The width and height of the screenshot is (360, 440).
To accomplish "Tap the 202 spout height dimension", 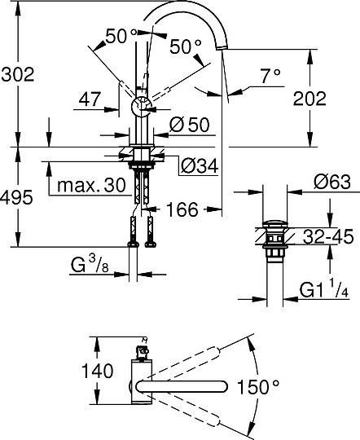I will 309,99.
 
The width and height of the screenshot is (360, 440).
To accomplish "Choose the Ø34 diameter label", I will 195,165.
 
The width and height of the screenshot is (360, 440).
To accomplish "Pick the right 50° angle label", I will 186,47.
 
